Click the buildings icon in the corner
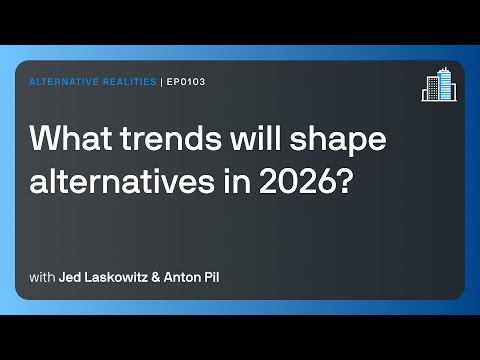437,87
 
